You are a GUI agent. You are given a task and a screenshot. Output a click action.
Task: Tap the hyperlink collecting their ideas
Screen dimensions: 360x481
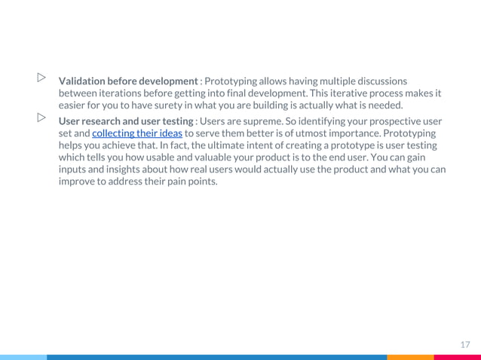tap(137, 133)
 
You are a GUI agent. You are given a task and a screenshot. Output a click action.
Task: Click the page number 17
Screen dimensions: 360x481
tap(465, 344)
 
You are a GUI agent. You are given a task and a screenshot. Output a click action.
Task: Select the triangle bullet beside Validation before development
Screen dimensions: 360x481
tap(41, 77)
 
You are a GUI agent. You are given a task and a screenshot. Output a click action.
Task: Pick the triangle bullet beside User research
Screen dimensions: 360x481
tap(41, 117)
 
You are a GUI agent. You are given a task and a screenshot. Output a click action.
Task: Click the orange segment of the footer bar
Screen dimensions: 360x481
tap(410, 357)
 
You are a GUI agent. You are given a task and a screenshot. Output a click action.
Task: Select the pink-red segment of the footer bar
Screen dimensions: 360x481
tap(457, 357)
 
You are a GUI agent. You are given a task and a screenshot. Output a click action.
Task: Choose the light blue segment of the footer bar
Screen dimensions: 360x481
tap(23, 357)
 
